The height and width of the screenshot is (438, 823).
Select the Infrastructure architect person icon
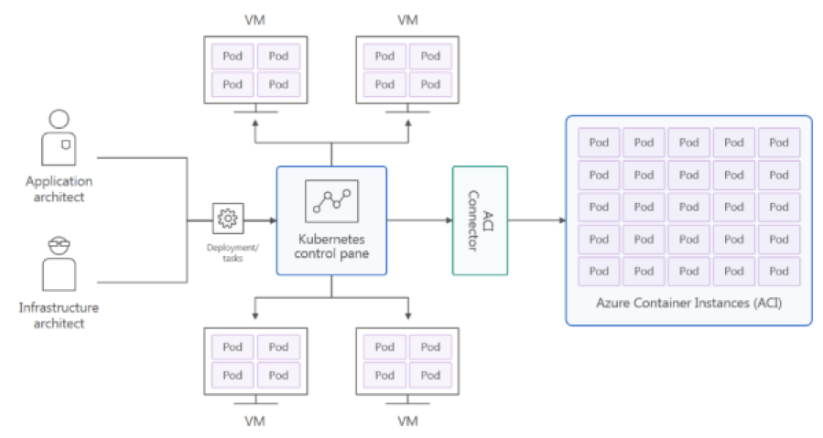59,263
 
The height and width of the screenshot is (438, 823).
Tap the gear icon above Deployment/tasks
228,219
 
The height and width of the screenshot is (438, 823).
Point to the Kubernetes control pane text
331,246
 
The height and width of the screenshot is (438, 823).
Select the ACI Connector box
480,220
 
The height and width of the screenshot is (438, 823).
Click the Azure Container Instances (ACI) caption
689,302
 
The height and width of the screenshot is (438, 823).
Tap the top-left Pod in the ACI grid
599,143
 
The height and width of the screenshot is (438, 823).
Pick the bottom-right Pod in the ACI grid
779,271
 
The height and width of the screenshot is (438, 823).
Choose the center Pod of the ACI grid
689,207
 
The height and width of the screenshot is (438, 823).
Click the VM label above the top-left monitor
255,19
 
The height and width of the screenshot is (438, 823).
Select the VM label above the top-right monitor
408,19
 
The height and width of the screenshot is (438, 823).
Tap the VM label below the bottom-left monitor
255,422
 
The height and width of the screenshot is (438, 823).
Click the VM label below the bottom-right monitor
408,422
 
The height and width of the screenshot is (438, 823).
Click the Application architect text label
59,188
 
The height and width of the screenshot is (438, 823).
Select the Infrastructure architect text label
59,315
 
